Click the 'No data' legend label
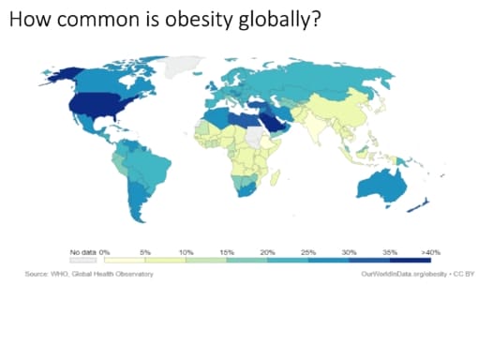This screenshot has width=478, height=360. point(82,252)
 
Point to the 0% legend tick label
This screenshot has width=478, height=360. point(105,252)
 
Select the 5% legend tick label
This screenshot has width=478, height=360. point(146,252)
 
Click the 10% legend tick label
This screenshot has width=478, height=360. point(186,252)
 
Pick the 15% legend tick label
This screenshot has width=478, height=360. point(227,252)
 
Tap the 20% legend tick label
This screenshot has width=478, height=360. point(267,252)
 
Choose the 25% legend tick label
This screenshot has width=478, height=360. point(308,252)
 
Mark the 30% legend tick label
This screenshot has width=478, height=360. point(350,252)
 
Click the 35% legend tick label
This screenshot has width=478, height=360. point(390,252)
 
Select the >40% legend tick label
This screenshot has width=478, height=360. point(430,252)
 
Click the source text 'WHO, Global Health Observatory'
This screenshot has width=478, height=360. point(106,273)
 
